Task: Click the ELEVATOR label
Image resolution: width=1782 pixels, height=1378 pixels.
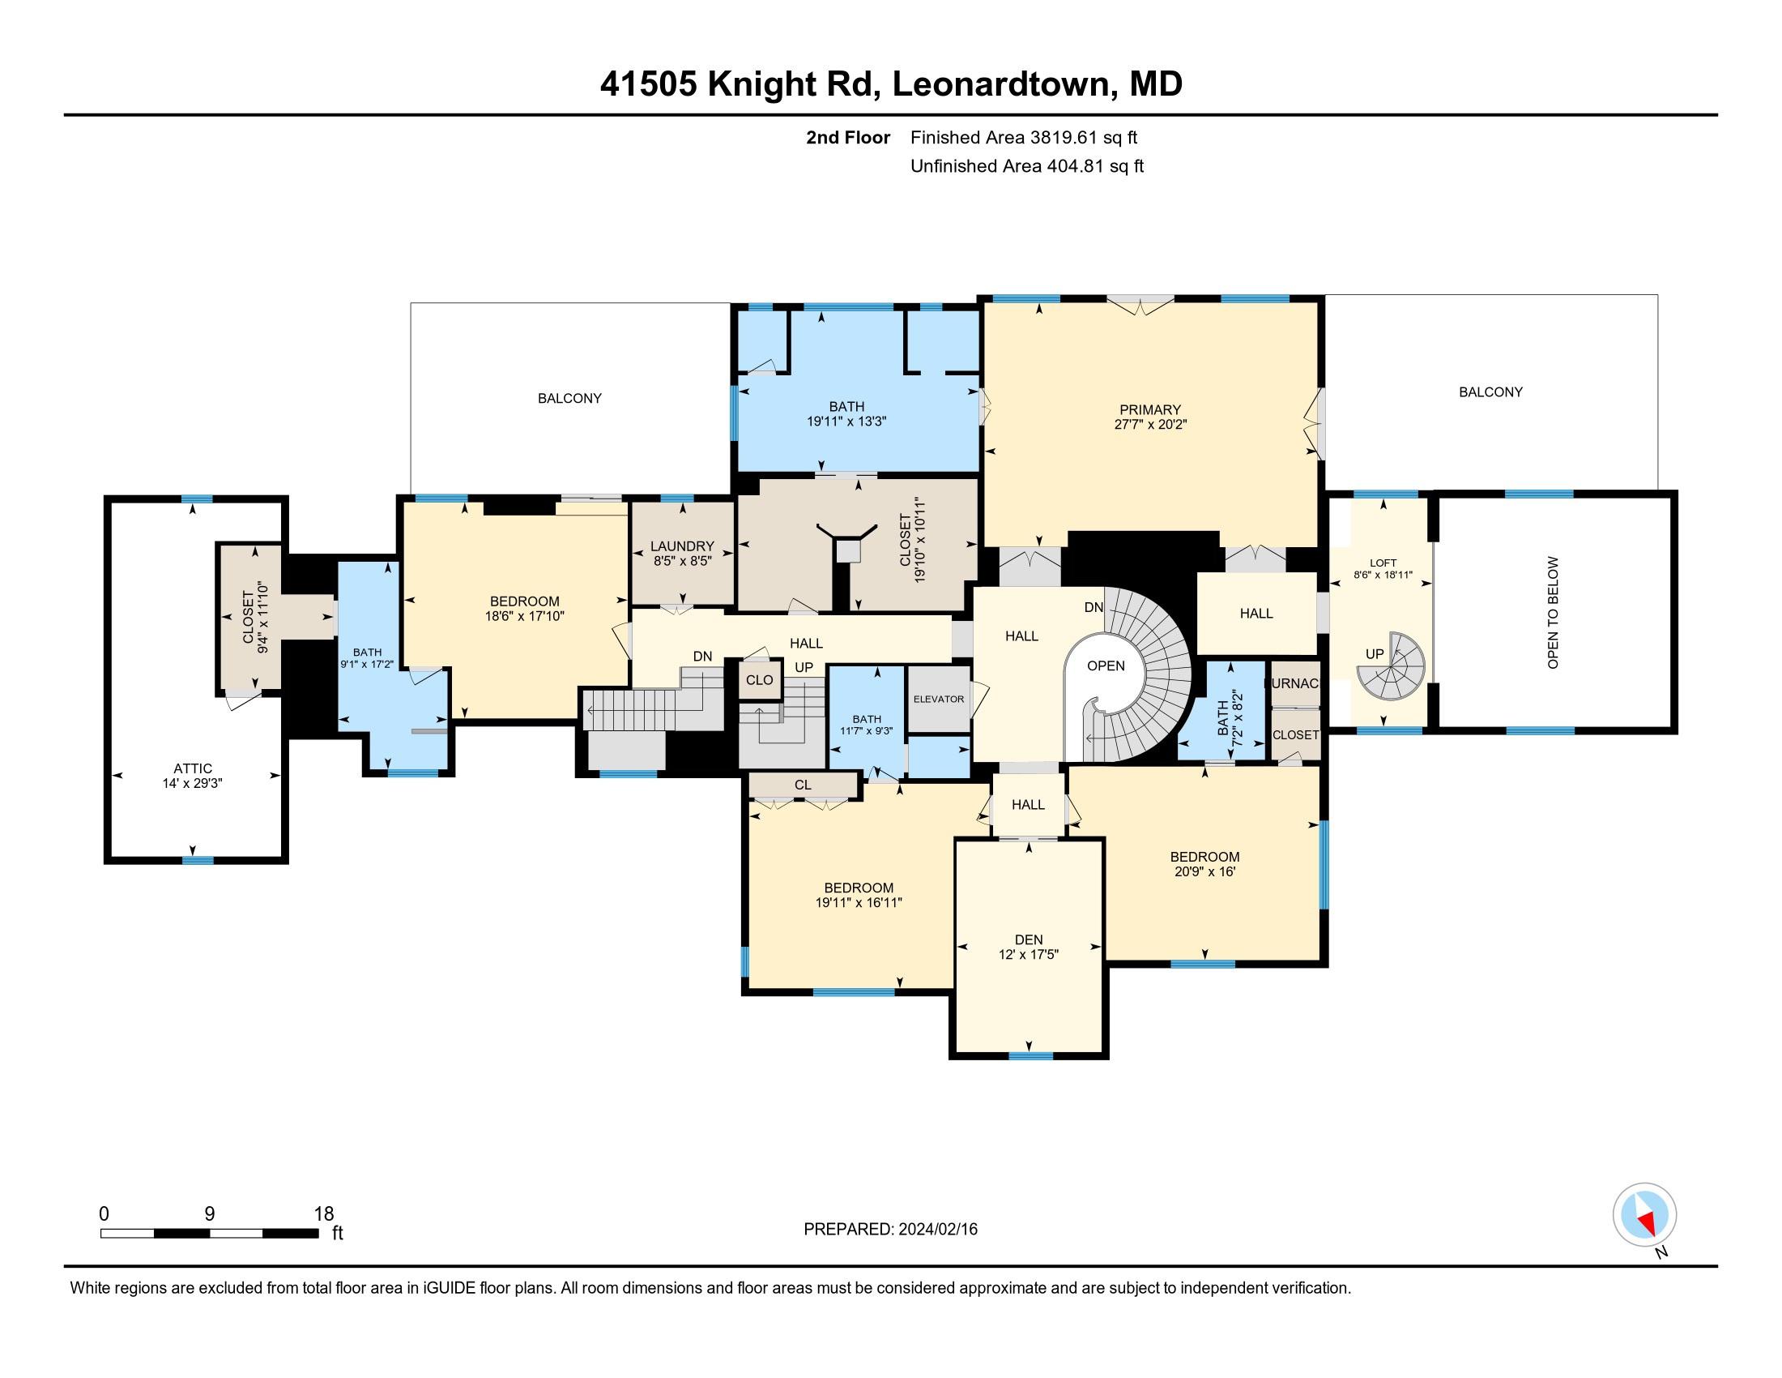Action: [938, 699]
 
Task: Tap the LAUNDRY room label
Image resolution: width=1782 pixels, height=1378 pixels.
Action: [682, 546]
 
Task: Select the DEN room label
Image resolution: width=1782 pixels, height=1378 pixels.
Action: [1029, 939]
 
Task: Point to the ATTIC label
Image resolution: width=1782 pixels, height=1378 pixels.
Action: [193, 768]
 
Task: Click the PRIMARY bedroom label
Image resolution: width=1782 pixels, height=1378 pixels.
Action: [1149, 410]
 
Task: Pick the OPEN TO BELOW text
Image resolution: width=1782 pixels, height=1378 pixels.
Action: [1553, 612]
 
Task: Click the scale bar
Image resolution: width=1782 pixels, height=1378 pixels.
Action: [209, 1233]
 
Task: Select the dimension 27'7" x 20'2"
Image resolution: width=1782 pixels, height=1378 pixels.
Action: [1149, 425]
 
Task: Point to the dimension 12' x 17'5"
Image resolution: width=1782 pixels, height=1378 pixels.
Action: [1028, 954]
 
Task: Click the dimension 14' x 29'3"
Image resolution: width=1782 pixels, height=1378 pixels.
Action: [193, 783]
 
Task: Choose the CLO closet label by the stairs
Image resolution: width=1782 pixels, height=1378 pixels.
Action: [759, 680]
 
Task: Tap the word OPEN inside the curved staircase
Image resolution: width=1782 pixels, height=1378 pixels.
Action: [1106, 665]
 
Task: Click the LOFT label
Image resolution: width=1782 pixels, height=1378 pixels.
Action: [1383, 563]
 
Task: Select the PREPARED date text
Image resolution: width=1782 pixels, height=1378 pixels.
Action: [890, 1229]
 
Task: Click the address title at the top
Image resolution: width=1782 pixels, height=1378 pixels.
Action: [891, 84]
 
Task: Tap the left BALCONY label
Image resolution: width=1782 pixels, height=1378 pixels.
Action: [569, 398]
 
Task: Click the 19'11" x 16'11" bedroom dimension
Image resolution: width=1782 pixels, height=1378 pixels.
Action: [859, 903]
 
